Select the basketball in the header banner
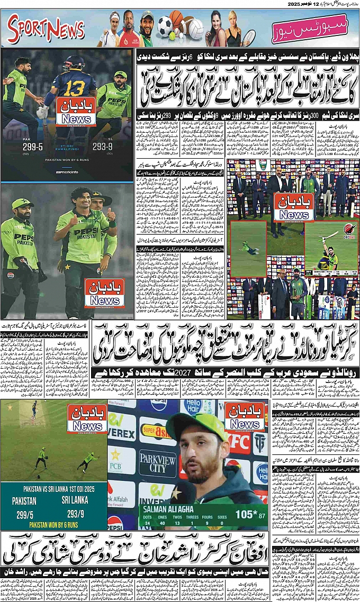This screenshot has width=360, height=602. [x=177, y=20]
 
